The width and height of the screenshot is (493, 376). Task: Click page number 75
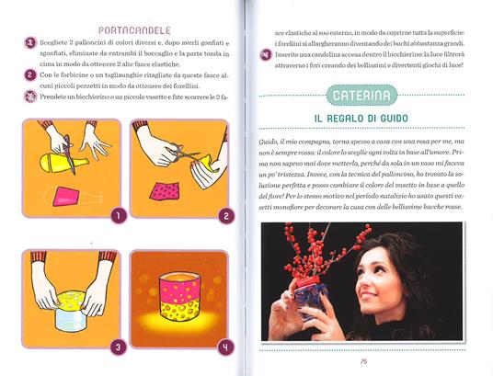pos(363,361)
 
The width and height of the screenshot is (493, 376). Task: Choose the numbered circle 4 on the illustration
pos(221,348)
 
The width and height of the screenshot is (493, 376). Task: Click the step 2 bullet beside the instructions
pos(30,74)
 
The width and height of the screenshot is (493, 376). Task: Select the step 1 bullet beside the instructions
pos(30,42)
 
